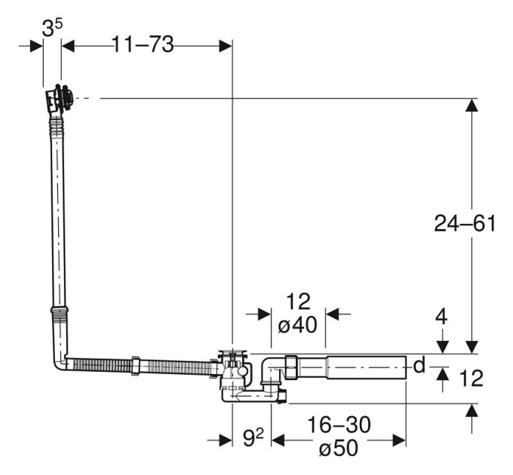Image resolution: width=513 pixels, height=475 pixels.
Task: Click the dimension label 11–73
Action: (143, 44)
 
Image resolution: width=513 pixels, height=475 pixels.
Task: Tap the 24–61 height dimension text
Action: (465, 224)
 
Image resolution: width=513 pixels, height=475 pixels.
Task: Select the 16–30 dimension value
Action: (339, 424)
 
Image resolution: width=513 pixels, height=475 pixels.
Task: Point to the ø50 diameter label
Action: (339, 448)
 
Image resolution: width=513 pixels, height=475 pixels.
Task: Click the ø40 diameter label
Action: (297, 325)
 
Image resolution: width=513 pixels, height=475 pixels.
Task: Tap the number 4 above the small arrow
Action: (441, 317)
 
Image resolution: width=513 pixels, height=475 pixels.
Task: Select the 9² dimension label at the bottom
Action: (253, 438)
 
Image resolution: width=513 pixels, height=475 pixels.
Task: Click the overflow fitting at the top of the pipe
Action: (60, 98)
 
